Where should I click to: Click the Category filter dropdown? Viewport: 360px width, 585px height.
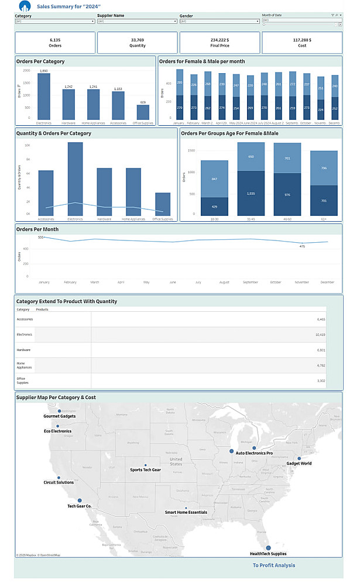coord(54,21)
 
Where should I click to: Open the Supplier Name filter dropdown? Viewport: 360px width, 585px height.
coord(137,21)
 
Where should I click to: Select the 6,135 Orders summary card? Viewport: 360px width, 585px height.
coord(55,43)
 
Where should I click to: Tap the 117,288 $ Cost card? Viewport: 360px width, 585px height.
coord(302,43)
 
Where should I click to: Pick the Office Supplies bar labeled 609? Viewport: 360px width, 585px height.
coord(143,112)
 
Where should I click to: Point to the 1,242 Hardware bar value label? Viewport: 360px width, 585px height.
coord(68,87)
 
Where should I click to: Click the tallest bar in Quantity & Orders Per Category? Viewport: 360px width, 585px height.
coord(75,178)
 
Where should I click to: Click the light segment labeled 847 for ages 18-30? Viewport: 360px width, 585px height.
coord(214,178)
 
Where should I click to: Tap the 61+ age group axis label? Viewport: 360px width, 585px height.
coord(324,219)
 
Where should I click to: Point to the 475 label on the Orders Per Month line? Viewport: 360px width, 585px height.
coord(302,246)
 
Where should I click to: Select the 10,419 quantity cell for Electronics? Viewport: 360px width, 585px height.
coord(320,335)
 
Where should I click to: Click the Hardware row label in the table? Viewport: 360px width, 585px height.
coord(24,350)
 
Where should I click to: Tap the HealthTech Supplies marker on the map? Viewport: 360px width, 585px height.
coord(268,548)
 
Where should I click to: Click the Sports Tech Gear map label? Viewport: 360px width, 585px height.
coord(145,470)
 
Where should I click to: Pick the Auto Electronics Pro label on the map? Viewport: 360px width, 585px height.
coord(254,453)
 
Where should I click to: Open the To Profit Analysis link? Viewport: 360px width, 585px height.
coord(274,565)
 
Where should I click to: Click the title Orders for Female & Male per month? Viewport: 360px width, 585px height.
coord(202,61)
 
